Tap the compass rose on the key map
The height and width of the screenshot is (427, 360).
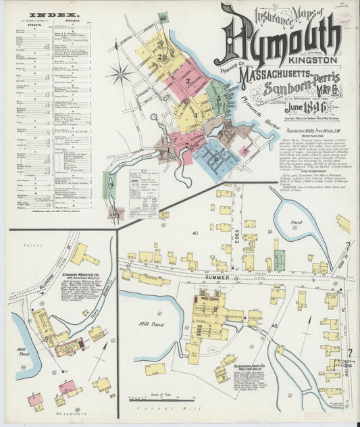coord(120,73)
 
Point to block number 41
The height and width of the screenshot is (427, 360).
coord(195,232)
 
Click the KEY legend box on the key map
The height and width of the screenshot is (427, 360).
coord(143,186)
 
